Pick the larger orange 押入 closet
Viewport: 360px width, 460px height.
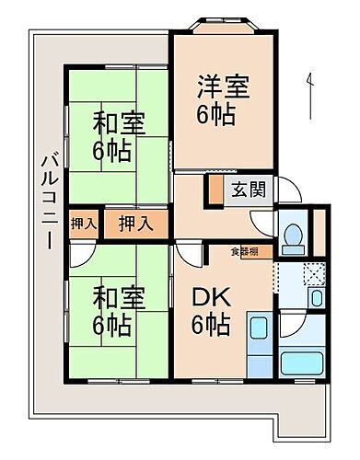134,223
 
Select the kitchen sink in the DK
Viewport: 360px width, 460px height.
259,332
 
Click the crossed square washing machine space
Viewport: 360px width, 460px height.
314,274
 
